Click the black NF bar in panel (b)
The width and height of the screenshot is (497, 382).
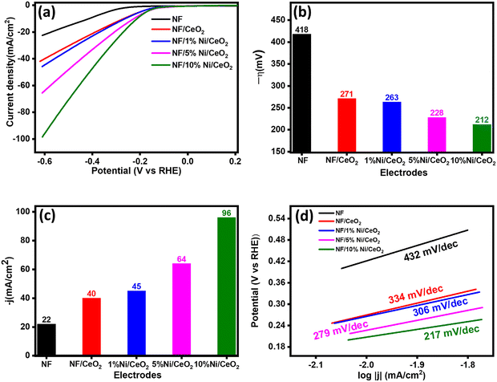301,92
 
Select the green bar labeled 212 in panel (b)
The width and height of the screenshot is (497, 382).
482,138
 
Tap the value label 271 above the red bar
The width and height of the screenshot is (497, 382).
347,94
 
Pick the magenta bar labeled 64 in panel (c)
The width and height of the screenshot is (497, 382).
182,309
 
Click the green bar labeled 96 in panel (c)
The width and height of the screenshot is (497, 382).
226,286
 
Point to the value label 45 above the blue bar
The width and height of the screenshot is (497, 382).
136,286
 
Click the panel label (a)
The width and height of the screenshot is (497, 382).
46,14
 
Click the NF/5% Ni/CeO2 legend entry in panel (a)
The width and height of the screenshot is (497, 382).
189,54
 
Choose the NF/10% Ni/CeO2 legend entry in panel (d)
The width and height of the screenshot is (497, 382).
351,250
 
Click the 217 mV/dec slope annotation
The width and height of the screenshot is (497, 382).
451,333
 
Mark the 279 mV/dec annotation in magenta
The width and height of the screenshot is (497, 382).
341,330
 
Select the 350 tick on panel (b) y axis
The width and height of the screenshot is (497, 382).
278,64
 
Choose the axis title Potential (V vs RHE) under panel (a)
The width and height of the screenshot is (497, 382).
136,171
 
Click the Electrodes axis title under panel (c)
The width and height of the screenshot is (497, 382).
137,375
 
